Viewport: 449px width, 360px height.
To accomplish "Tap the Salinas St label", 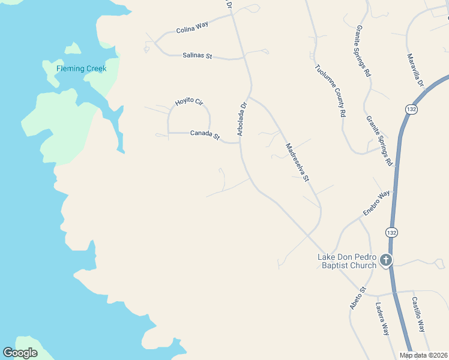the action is pyautogui.click(x=197, y=56).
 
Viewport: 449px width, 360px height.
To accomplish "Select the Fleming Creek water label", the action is pyautogui.click(x=81, y=68).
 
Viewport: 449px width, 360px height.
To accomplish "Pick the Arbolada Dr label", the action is pyautogui.click(x=242, y=119).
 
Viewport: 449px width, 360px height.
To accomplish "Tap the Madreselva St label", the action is pyautogui.click(x=297, y=162).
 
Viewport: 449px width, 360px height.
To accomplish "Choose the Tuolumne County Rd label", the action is pyautogui.click(x=330, y=90).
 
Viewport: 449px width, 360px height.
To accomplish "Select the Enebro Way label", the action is pyautogui.click(x=376, y=203).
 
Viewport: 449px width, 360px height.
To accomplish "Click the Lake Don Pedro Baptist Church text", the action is pyautogui.click(x=347, y=261).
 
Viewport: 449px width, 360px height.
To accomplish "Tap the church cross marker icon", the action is pyautogui.click(x=385, y=260).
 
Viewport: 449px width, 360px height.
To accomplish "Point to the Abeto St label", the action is pyautogui.click(x=358, y=298).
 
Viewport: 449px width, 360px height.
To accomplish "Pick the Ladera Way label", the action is pyautogui.click(x=382, y=317).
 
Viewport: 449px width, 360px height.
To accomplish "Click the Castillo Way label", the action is pyautogui.click(x=418, y=315).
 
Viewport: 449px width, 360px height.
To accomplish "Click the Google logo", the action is pyautogui.click(x=20, y=353).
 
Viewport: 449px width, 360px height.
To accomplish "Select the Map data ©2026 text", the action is pyautogui.click(x=423, y=355).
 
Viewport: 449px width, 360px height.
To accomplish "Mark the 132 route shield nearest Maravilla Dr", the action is pyautogui.click(x=411, y=109).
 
